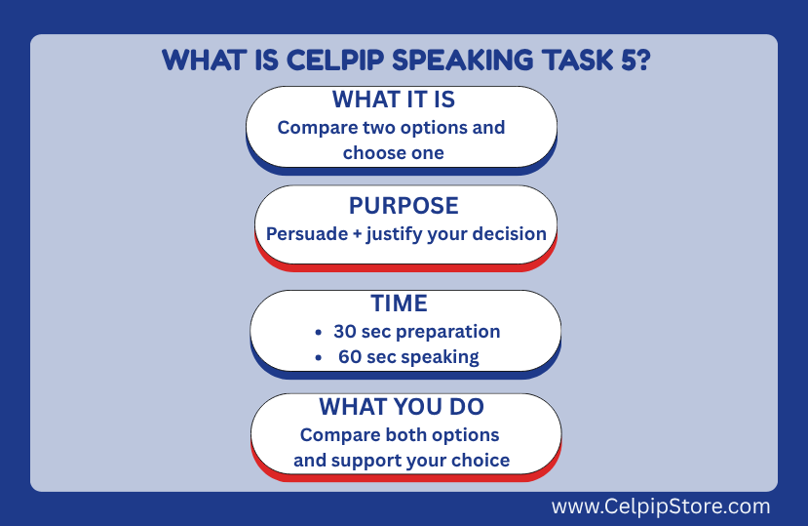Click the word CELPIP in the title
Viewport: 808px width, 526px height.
click(335, 61)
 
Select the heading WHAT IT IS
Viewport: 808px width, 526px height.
click(394, 100)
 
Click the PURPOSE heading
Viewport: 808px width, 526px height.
click(404, 206)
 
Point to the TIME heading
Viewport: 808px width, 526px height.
click(400, 303)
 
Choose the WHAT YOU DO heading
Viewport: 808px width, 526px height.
click(402, 407)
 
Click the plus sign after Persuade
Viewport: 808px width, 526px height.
click(357, 234)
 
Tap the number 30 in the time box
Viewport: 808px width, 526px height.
click(345, 332)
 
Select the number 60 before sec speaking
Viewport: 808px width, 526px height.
click(350, 357)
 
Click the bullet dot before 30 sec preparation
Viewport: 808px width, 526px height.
click(319, 332)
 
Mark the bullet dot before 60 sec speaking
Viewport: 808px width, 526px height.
click(319, 357)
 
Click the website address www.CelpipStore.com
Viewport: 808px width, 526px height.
click(661, 506)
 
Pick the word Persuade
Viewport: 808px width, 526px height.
click(307, 234)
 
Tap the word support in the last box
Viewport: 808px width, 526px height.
click(365, 461)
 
